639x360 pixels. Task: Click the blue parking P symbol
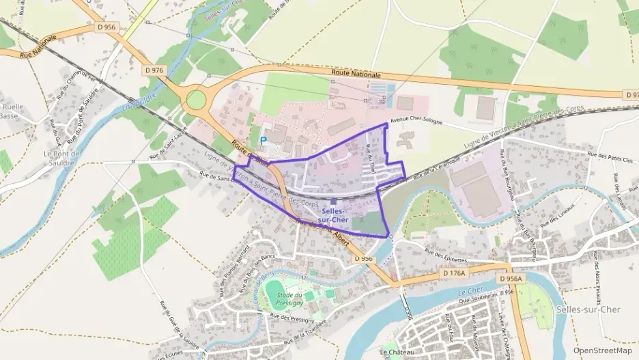click(264, 139)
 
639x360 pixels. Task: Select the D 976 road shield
click(155, 70)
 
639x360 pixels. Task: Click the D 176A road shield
click(453, 273)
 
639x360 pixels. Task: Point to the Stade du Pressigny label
click(280, 298)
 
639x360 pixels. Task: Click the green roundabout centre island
click(196, 100)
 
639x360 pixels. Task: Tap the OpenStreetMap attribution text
click(602, 350)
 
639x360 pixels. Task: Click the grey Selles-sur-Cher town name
click(588, 309)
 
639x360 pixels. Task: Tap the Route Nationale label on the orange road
click(356, 73)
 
